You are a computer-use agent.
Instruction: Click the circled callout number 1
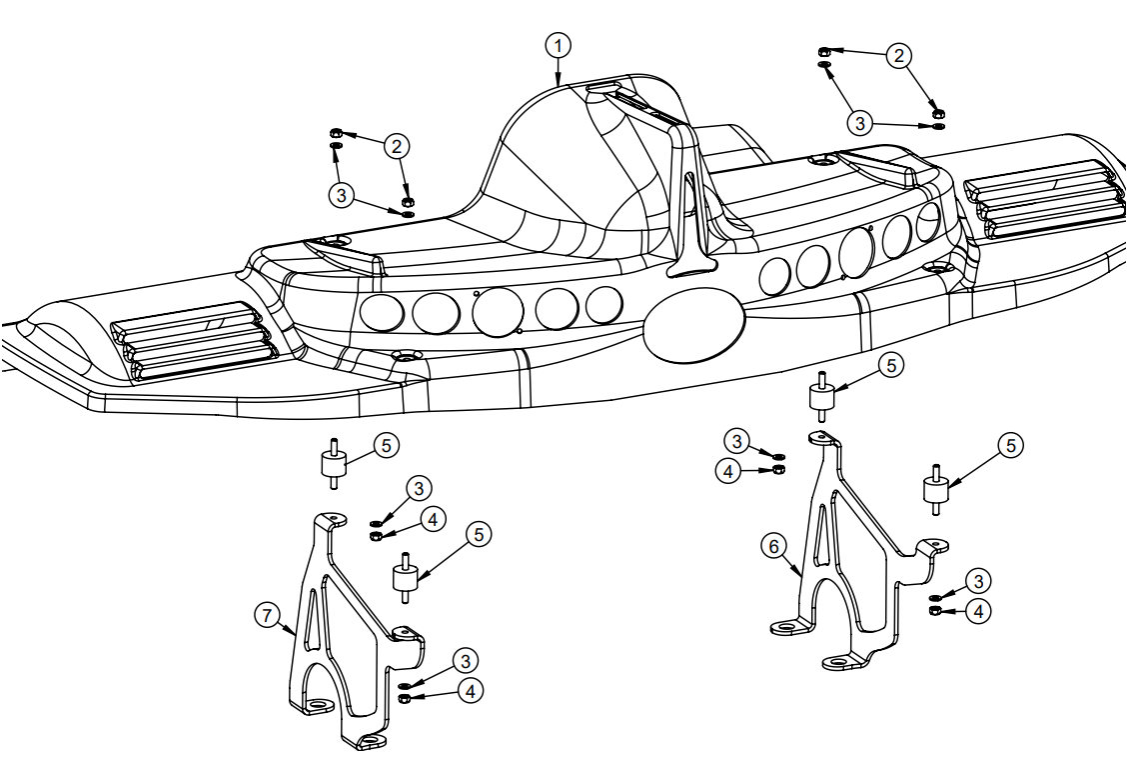559,45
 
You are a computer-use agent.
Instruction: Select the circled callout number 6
772,546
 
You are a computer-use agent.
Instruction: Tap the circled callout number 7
266,616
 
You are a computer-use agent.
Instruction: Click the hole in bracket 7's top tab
333,519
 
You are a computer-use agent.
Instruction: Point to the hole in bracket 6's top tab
822,436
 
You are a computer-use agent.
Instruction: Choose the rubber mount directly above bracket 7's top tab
333,465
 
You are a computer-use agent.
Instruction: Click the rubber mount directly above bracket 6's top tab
822,397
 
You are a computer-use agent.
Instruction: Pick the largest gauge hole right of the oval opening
857,251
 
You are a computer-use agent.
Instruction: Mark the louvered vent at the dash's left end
195,340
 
